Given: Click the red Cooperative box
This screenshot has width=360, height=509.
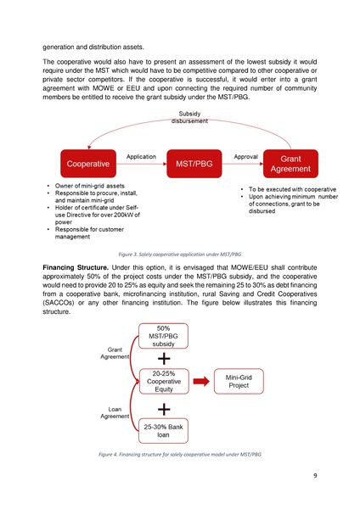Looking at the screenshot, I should point(83,163).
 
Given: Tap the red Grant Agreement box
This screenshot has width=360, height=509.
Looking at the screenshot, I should point(290,163).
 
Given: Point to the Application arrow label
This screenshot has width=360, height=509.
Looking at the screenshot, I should point(140,157).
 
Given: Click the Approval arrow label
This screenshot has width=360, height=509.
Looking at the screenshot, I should point(245,157).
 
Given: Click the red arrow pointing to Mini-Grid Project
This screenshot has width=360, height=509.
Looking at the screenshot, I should point(201,382).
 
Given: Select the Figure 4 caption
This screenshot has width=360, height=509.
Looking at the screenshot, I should point(179,456).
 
